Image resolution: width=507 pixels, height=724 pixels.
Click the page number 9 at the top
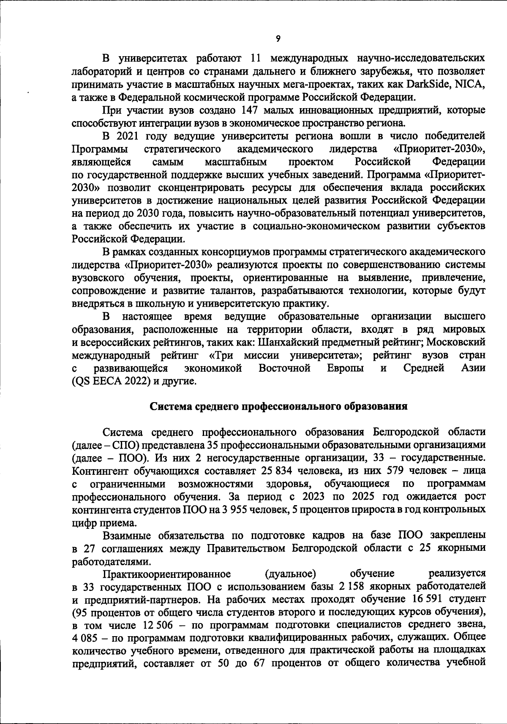coord(278,39)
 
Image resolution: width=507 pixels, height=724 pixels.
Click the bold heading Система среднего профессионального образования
coord(279,406)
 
